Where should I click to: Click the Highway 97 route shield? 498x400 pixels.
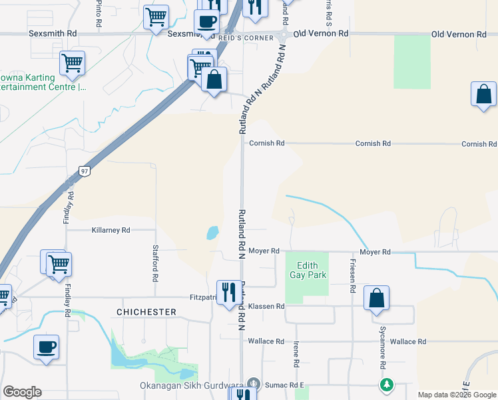coord(84,171)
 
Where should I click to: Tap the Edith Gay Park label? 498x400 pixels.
coord(307,269)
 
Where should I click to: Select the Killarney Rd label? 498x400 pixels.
coord(111,230)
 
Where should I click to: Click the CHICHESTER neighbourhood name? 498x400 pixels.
coord(146,312)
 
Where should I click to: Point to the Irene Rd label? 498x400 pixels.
coord(296,354)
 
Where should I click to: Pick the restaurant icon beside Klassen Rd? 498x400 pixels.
coord(229,291)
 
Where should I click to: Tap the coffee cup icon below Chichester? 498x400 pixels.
coord(47,347)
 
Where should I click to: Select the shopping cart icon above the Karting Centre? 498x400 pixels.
coord(72,63)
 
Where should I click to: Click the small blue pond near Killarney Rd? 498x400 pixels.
coord(212,233)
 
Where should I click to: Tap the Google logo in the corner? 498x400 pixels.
coord(22,392)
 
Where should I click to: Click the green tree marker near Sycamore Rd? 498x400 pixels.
coord(387,385)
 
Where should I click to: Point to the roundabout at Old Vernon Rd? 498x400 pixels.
coord(284,34)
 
